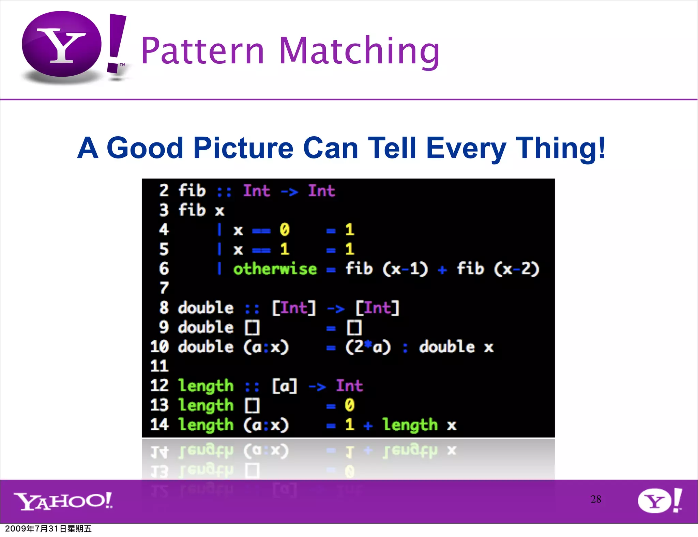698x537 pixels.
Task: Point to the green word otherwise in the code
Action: (275, 269)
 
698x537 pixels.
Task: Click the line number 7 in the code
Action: (164, 288)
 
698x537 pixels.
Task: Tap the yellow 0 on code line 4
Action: (284, 230)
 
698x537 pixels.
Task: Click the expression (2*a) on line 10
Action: (367, 347)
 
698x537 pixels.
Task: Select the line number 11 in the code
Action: (160, 366)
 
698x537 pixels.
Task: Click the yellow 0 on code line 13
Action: (349, 405)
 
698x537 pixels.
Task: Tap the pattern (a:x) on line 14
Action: (266, 425)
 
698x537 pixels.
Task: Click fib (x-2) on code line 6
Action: (498, 269)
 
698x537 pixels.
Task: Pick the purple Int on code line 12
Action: (349, 385)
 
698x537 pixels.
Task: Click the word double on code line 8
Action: (206, 308)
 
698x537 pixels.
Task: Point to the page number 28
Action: (596, 499)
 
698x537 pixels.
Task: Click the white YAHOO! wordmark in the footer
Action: (63, 501)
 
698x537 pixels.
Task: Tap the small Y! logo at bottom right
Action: (659, 500)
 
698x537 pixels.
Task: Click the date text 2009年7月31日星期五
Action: (48, 528)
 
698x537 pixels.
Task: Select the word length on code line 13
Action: (206, 405)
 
